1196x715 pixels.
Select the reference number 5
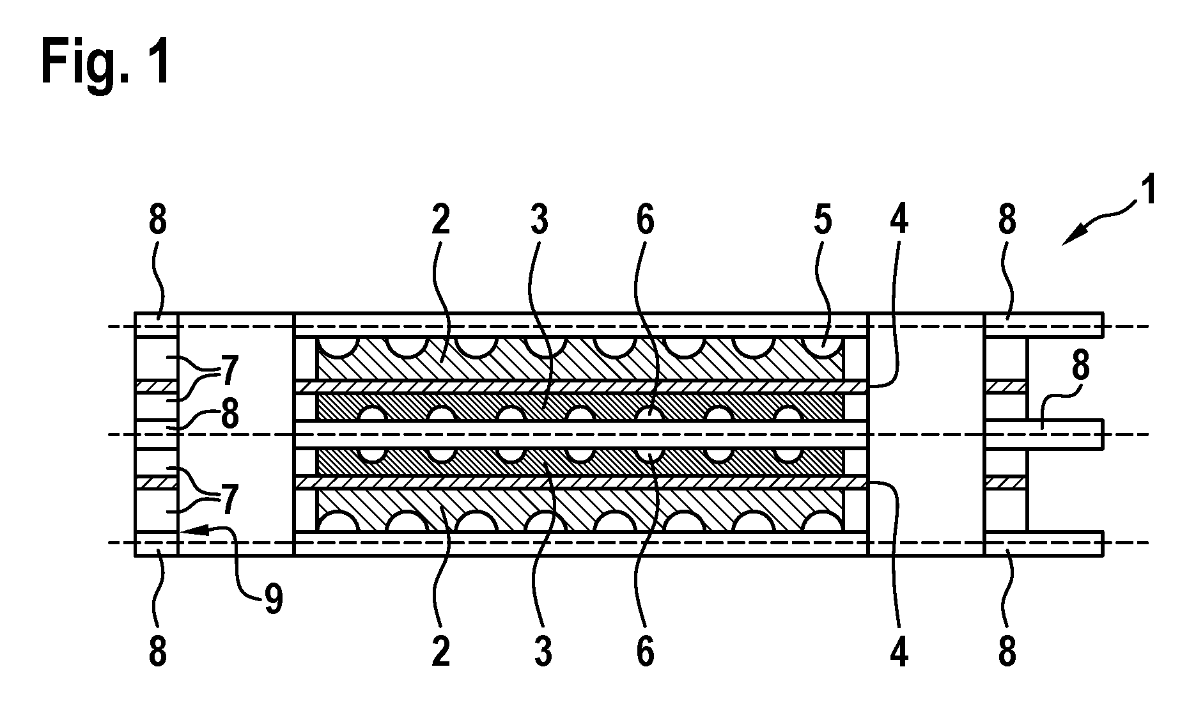pyautogui.click(x=822, y=220)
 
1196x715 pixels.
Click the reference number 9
pyautogui.click(x=273, y=601)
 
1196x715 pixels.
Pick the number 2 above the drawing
pyautogui.click(x=440, y=220)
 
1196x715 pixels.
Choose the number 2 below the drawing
pyautogui.click(x=440, y=652)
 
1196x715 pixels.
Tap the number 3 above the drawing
pyautogui.click(x=540, y=220)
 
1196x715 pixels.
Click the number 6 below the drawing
pyautogui.click(x=646, y=652)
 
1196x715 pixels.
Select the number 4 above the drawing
pyautogui.click(x=898, y=220)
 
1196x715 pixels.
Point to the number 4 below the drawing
pyautogui.click(x=899, y=652)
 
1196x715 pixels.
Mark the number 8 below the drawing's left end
pyautogui.click(x=157, y=652)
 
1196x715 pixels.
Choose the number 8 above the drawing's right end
pyautogui.click(x=1007, y=220)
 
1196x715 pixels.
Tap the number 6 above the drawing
pyautogui.click(x=646, y=220)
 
